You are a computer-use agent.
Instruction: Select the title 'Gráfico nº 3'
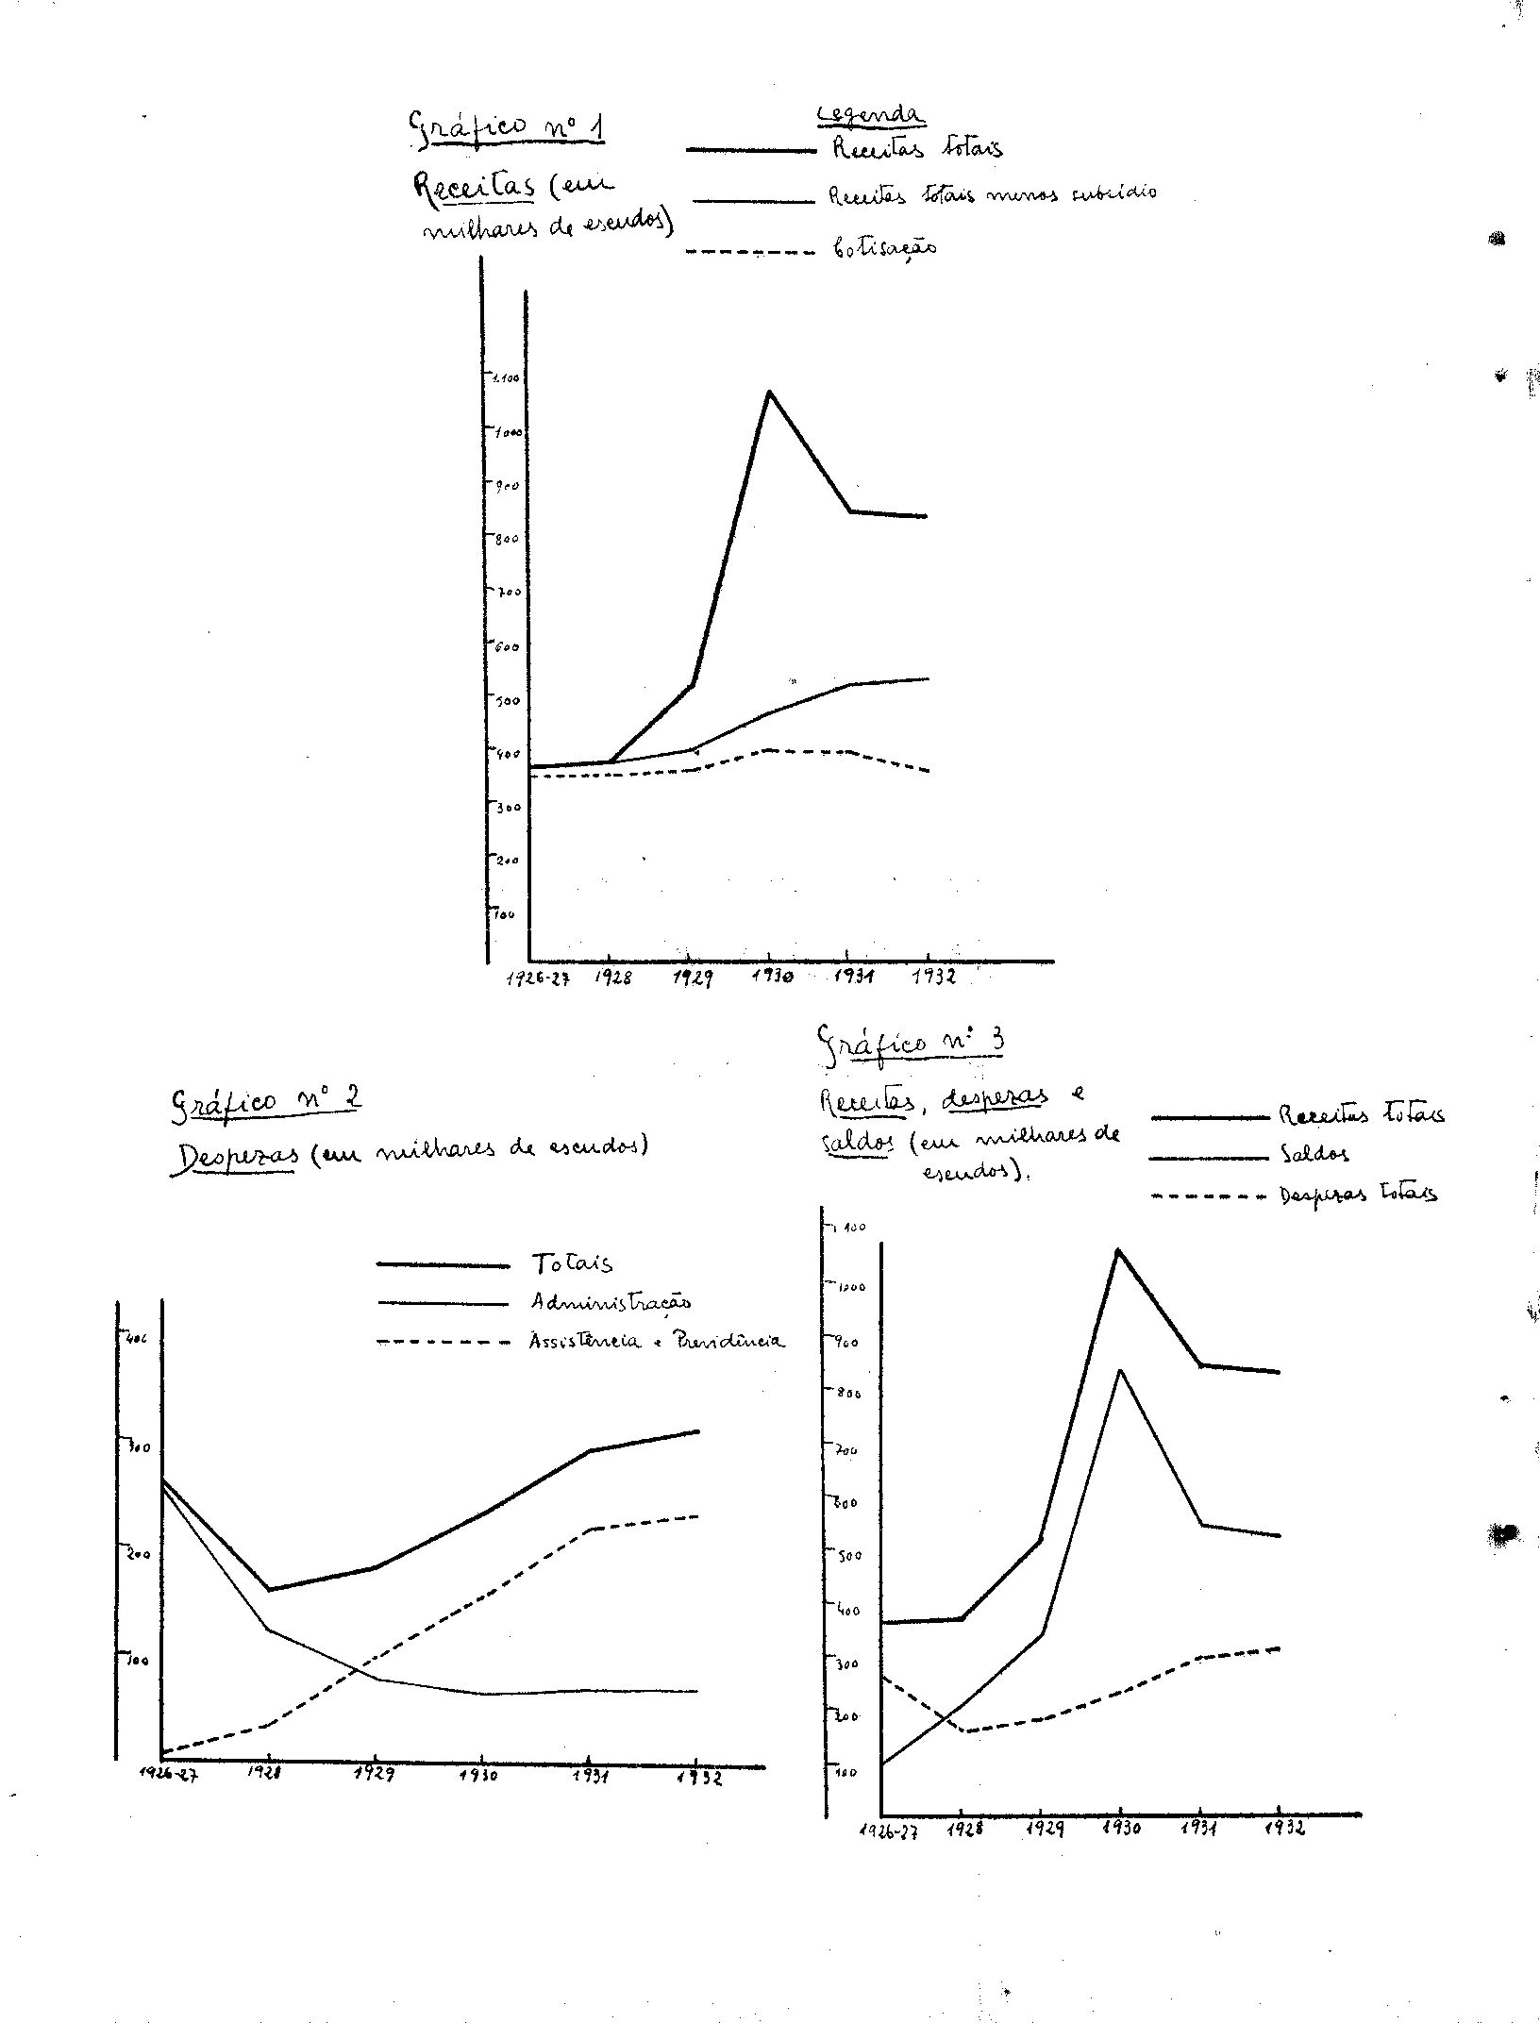910,1044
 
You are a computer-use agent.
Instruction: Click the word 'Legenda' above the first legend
869,115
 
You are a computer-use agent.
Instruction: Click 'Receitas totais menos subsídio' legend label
992,194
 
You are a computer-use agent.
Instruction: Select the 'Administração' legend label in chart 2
611,1302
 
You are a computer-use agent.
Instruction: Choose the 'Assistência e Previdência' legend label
657,1341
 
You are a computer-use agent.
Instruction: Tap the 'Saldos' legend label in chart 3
1314,1154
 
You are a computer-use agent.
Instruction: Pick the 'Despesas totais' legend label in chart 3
1358,1195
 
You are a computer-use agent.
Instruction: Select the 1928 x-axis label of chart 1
613,978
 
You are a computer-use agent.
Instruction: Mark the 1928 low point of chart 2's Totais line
269,1589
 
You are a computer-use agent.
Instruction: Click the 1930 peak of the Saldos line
1119,1370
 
